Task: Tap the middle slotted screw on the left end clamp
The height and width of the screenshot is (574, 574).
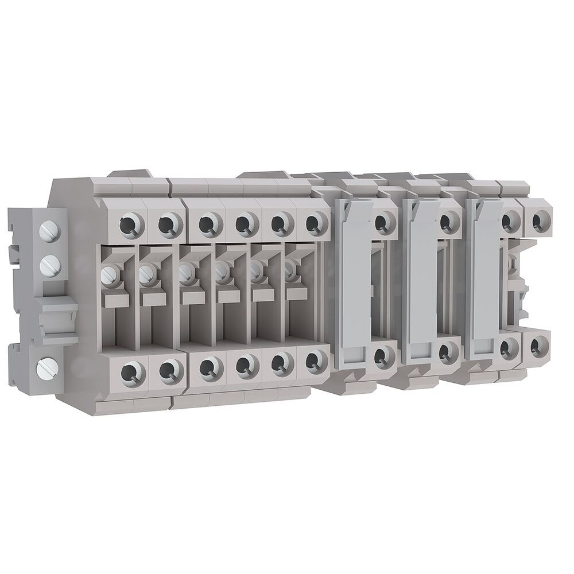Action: (x=48, y=265)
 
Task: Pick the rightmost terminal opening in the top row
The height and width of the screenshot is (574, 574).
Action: (x=538, y=220)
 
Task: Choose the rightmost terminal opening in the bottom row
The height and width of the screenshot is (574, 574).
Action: (x=537, y=346)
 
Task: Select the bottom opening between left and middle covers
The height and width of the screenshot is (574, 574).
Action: (x=381, y=356)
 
